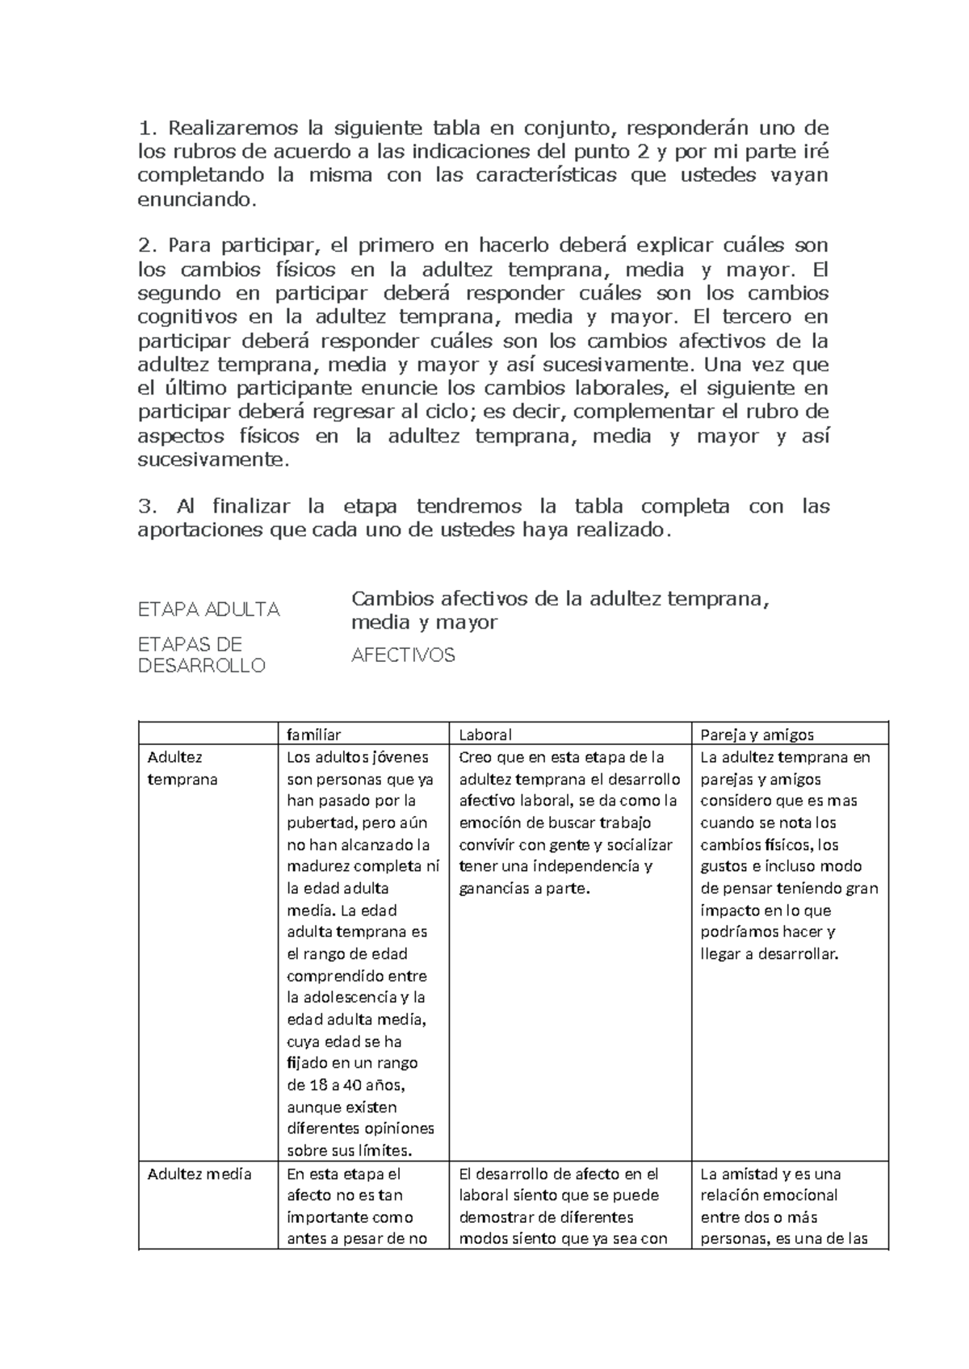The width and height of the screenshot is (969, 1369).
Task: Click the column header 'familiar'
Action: coord(314,735)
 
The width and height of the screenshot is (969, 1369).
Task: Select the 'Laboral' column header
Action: coord(485,735)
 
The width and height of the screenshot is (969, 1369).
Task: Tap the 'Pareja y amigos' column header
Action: coord(757,735)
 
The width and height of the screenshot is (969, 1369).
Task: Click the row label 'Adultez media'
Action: coord(199,1174)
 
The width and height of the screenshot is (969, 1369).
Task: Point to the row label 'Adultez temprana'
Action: coord(182,768)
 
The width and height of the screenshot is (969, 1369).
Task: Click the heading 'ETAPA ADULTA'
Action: coord(209,609)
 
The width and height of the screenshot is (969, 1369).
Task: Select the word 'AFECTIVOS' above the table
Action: coord(403,655)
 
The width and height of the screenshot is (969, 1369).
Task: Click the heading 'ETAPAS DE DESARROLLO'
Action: coord(201,655)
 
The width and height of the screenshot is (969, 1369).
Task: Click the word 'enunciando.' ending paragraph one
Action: coord(196,199)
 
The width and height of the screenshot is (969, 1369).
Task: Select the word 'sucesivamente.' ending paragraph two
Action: coord(212,460)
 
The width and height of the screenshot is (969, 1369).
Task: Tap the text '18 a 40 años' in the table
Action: coord(350,1085)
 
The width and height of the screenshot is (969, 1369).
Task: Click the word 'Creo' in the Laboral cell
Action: coord(475,757)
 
